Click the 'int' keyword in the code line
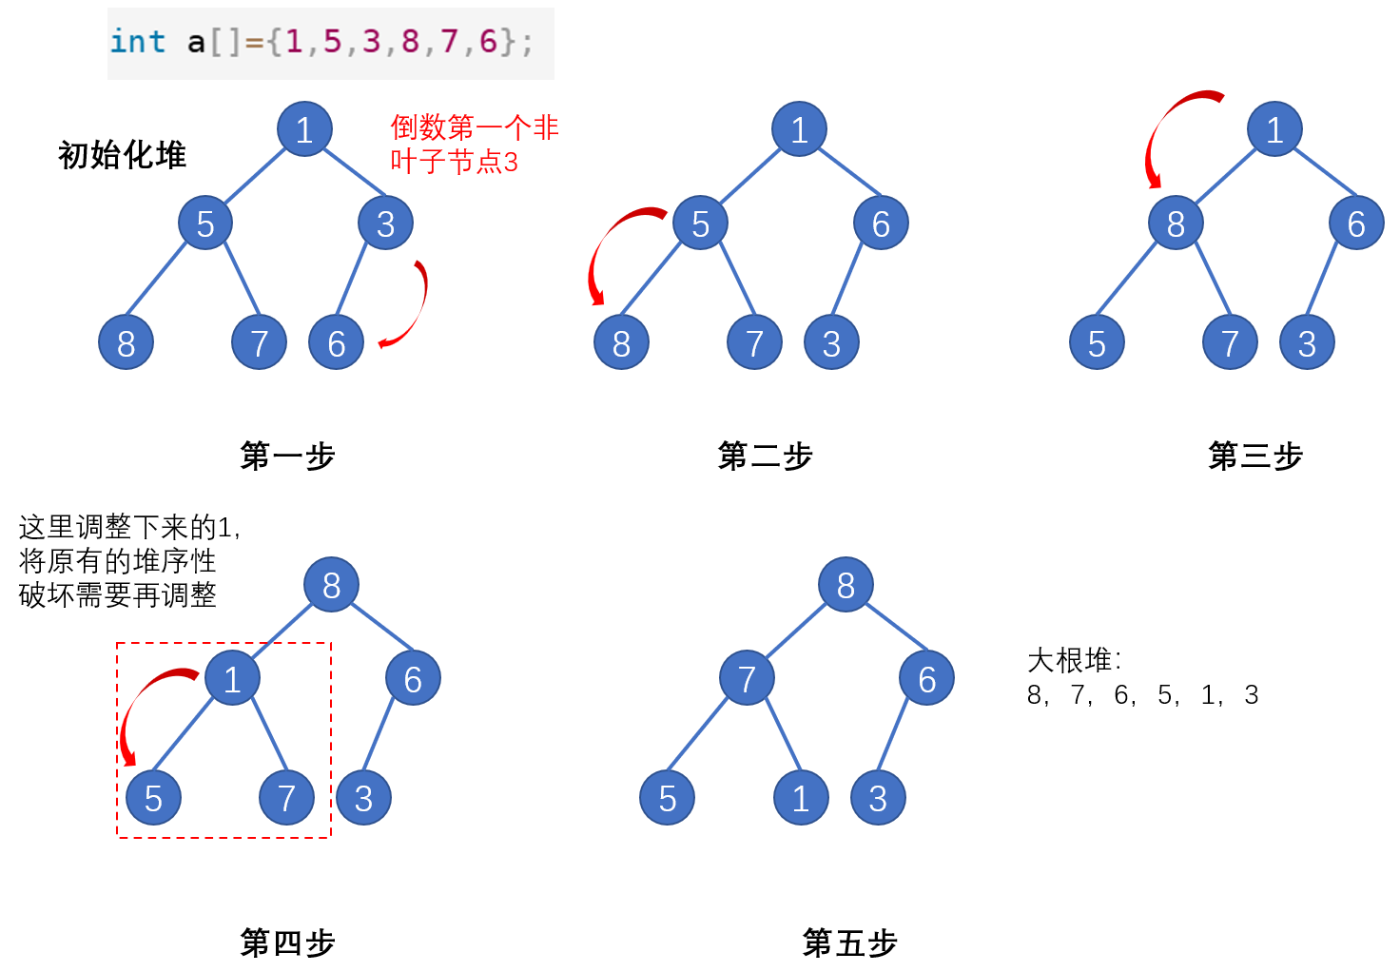tap(138, 42)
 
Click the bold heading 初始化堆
tap(122, 155)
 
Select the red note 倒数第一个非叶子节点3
tap(474, 145)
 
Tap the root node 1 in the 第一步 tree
tap(304, 128)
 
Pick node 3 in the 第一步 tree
tap(385, 224)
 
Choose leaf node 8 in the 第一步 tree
tap(126, 342)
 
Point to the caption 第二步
tap(765, 457)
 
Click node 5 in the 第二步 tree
tap(700, 224)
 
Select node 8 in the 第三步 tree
tap(1176, 224)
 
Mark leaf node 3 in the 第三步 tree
tap(1307, 342)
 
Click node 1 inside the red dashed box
tap(232, 678)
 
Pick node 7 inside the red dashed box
tap(286, 798)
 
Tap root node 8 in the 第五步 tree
tap(846, 585)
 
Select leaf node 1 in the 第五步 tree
tap(801, 798)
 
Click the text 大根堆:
tap(1074, 660)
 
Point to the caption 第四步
tap(287, 943)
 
